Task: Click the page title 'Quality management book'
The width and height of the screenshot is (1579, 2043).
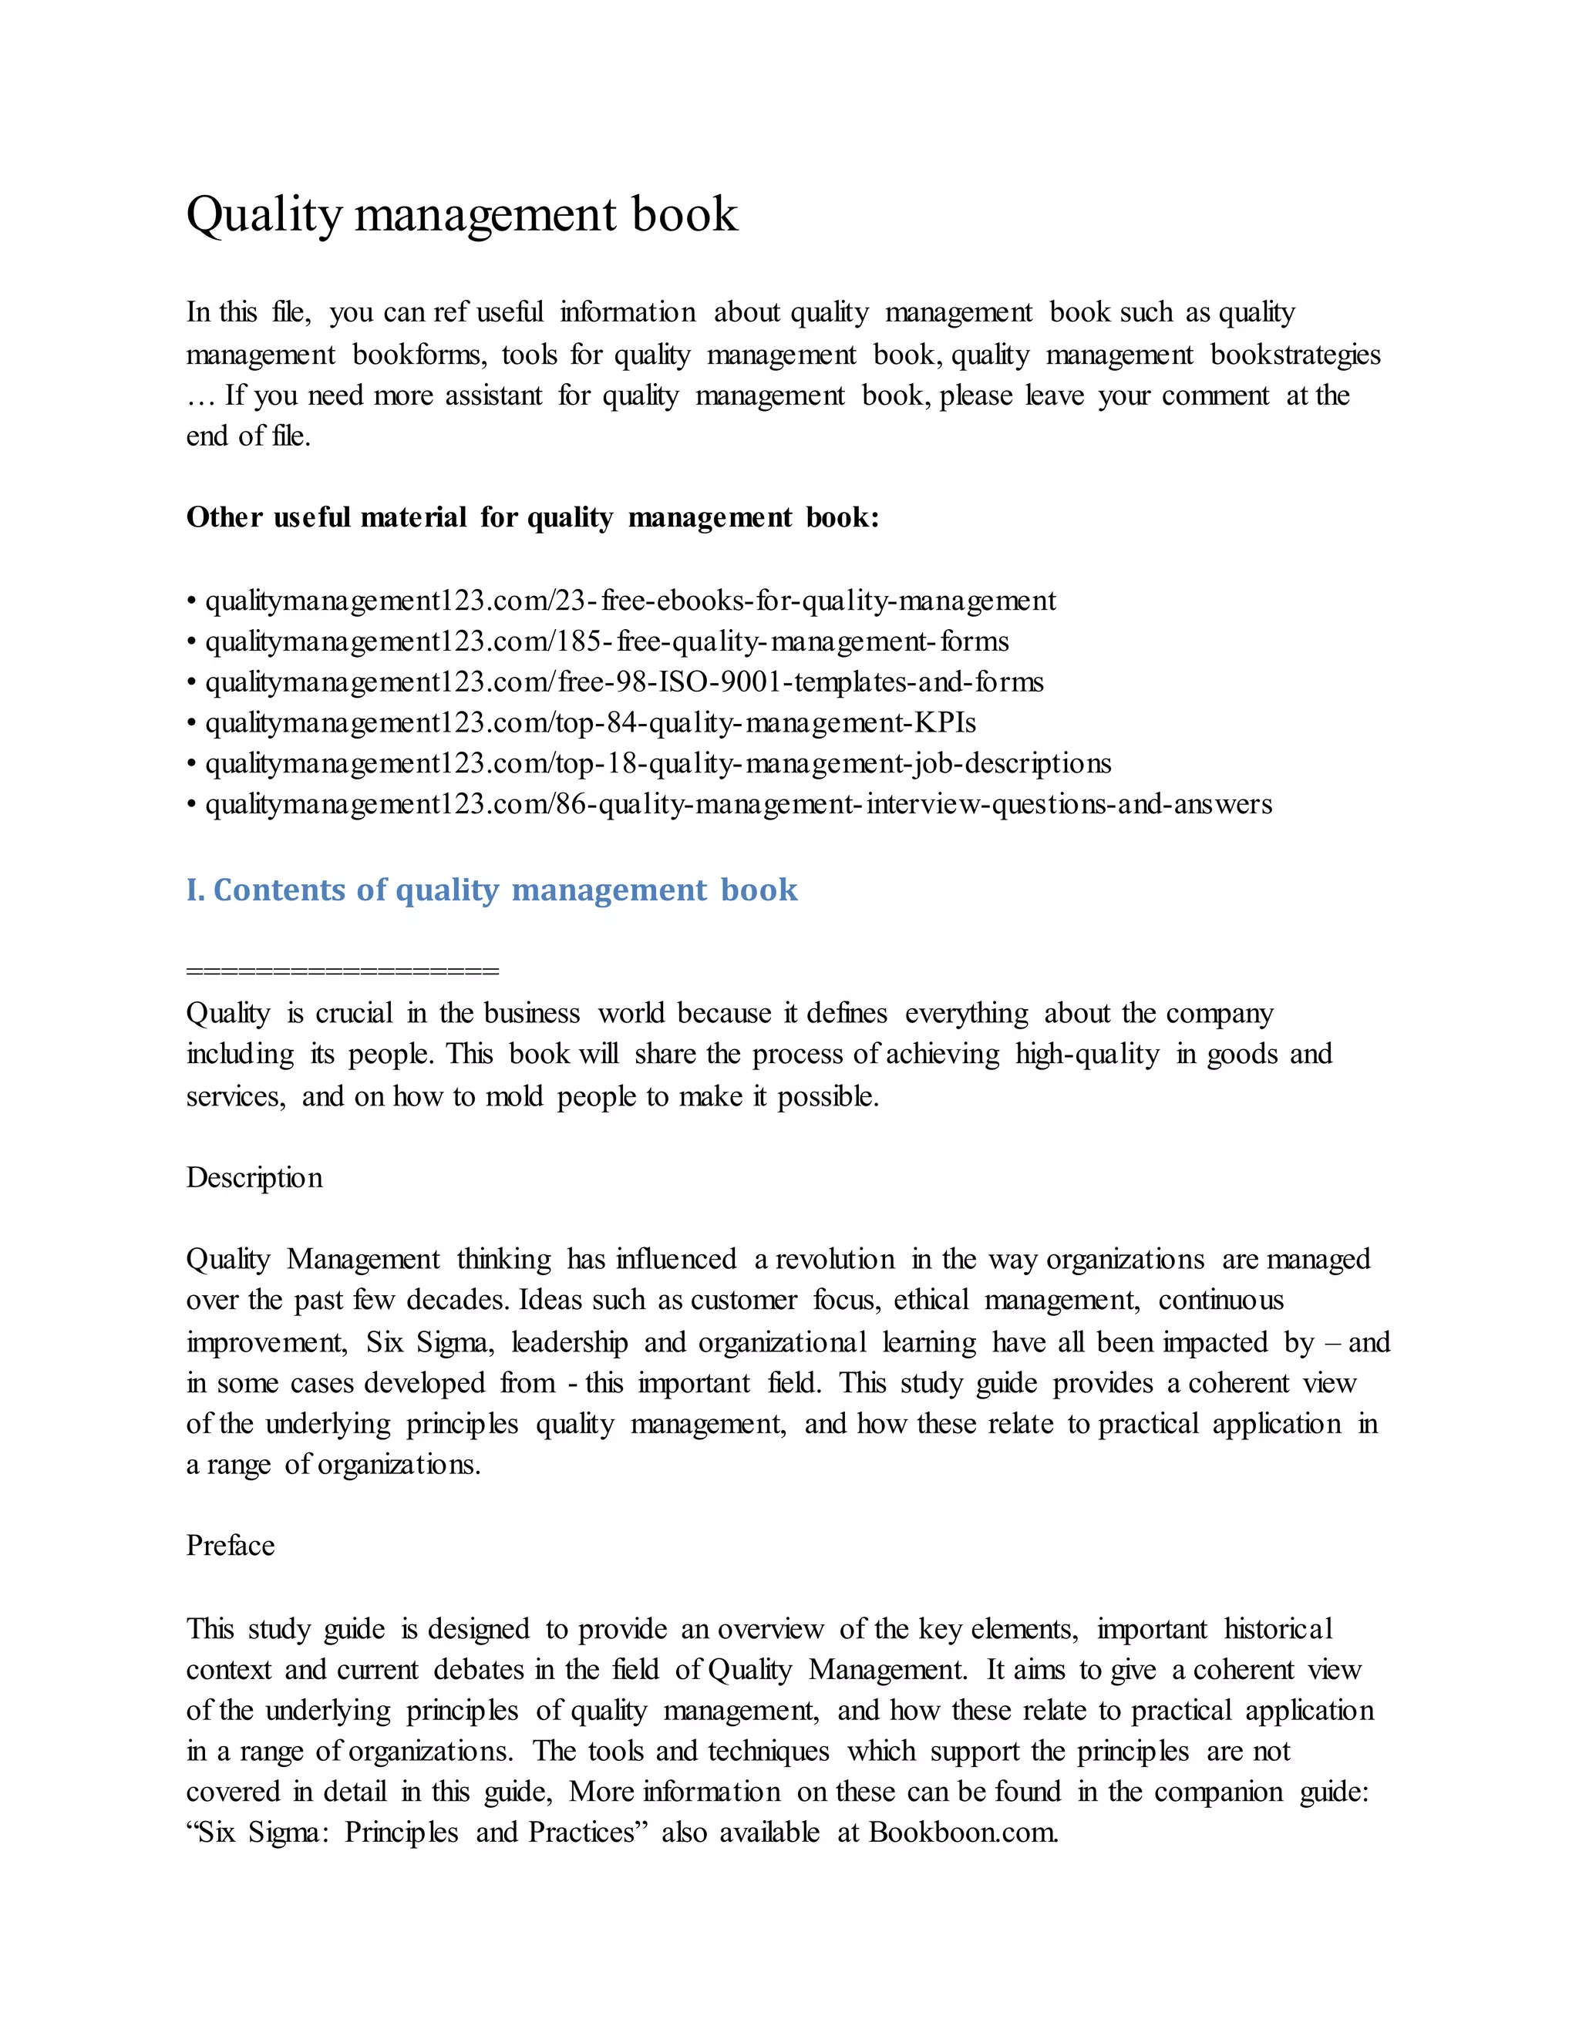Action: pos(461,214)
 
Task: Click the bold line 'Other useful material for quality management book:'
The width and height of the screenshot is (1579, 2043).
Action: pos(532,517)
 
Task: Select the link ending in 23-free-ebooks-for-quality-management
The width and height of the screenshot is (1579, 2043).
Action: pos(630,601)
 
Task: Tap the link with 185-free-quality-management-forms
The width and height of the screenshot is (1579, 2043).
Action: pos(606,641)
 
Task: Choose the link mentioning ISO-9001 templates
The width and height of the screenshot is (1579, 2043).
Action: pos(624,682)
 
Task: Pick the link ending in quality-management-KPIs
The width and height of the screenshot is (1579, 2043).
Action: pos(591,723)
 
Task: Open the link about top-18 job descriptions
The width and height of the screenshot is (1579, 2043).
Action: pos(658,764)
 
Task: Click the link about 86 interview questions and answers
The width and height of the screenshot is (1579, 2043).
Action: pos(738,804)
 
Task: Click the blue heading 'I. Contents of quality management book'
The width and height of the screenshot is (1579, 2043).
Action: pos(491,890)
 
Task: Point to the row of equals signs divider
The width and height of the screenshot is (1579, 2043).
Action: pos(342,971)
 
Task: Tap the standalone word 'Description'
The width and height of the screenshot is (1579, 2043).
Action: pos(254,1178)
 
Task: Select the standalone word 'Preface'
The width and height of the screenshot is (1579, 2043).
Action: pos(230,1545)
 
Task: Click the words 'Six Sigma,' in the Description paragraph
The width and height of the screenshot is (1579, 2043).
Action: pos(429,1342)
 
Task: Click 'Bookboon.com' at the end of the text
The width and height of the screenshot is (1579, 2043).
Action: pos(964,1832)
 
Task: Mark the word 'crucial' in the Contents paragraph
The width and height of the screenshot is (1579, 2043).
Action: pos(354,1013)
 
